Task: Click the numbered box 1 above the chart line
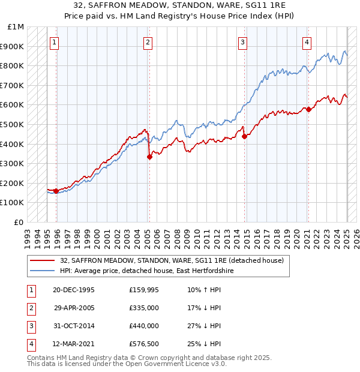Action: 55,42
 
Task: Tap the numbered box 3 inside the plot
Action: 242,42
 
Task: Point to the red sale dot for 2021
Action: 308,109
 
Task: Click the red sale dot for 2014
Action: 245,136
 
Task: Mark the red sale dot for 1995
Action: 56,191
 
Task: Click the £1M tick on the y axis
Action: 16,27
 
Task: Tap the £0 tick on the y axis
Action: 19,222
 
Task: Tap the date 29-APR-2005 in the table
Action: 74,308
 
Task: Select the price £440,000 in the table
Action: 144,326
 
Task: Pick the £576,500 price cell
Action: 144,344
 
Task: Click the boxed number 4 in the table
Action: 31,344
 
